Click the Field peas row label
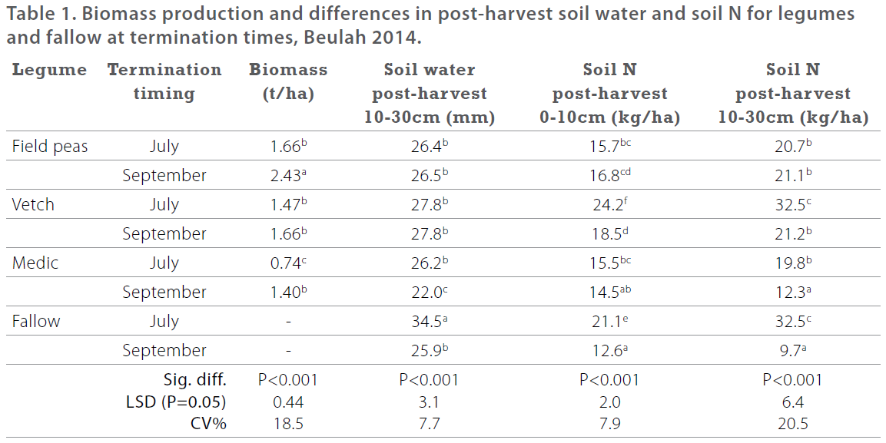(50, 147)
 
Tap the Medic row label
(35, 263)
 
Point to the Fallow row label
(36, 322)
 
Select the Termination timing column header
(164, 81)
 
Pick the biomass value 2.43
(286, 176)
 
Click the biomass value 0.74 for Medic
(286, 263)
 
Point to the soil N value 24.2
(607, 205)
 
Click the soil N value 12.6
(607, 351)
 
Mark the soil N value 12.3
(791, 293)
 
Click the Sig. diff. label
(196, 379)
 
